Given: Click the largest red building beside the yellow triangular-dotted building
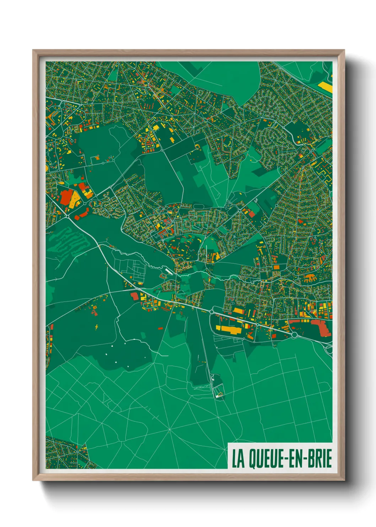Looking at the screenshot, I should [x=66, y=197].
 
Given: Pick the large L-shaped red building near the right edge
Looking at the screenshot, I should [x=322, y=327].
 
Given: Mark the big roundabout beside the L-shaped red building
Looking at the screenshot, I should [x=294, y=335].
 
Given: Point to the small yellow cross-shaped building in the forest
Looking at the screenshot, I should [x=97, y=326].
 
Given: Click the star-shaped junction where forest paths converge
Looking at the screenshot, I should [x=170, y=430].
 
